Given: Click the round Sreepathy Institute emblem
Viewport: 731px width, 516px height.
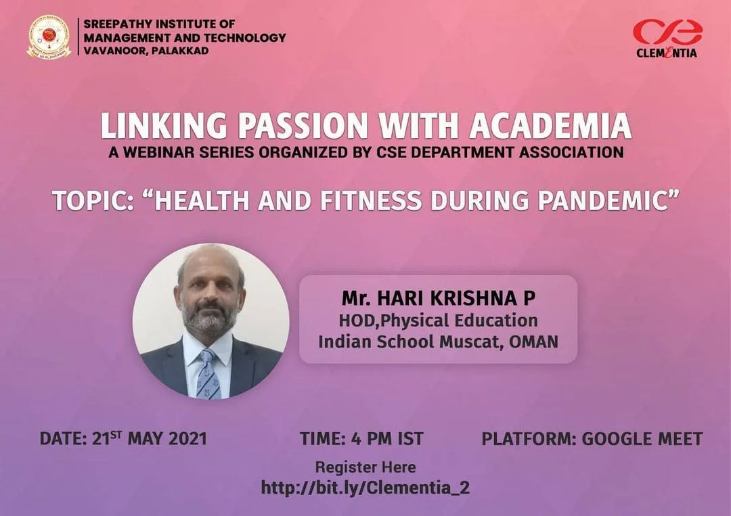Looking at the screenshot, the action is pos(49,37).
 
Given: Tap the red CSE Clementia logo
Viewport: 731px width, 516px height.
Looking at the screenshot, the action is pos(667,38).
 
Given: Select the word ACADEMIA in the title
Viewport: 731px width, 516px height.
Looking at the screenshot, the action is pos(550,126).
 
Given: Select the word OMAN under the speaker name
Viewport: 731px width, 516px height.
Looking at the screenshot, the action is pos(534,342).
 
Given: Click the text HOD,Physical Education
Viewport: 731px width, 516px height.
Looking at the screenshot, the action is pos(438,321).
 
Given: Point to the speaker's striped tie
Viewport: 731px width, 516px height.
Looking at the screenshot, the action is pos(208,374).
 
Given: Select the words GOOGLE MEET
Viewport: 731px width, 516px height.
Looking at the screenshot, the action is pos(642,439).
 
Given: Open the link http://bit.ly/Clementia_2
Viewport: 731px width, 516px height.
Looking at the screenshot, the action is pos(365,488).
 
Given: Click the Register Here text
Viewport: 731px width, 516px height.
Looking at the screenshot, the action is pos(365,467).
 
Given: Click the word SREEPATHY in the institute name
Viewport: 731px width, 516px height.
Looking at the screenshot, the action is pos(118,24).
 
